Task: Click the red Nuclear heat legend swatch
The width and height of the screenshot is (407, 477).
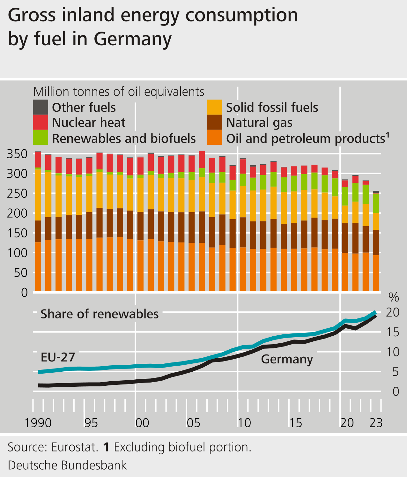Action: click(41, 122)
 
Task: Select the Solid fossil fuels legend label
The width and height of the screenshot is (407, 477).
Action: click(272, 108)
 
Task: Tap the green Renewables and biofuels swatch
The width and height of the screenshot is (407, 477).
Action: click(41, 138)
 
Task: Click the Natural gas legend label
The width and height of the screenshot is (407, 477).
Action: click(259, 123)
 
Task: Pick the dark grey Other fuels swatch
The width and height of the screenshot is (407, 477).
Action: click(41, 107)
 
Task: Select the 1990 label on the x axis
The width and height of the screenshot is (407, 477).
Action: click(38, 423)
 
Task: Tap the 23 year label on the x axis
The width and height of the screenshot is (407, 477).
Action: click(375, 423)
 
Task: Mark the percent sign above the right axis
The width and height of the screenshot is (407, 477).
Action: click(394, 298)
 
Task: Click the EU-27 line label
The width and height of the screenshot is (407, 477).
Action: click(58, 357)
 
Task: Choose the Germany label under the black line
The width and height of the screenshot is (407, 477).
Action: click(287, 359)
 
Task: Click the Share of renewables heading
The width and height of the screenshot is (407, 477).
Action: click(100, 314)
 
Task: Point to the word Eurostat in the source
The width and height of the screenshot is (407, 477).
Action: click(74, 447)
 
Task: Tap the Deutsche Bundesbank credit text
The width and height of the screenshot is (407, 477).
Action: click(67, 465)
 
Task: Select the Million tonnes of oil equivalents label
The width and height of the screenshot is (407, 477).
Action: click(119, 92)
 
